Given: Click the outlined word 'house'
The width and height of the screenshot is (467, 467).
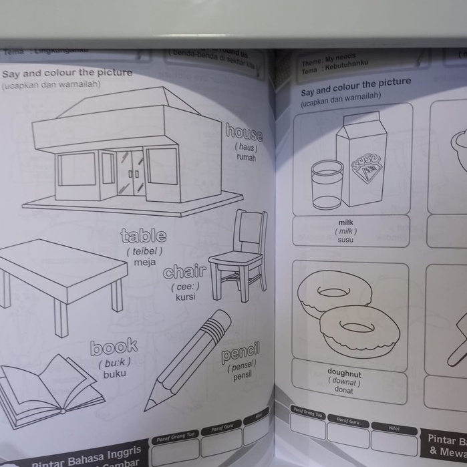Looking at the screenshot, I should [244, 131].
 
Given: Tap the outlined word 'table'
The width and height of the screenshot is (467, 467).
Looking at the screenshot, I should [144, 236].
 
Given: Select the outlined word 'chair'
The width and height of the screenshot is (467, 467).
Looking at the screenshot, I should [184, 271].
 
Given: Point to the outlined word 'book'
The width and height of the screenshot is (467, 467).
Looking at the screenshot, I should [114, 347].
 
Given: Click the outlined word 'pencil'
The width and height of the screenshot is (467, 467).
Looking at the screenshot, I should [241, 353].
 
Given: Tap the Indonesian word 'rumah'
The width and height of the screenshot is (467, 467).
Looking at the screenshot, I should [246, 158].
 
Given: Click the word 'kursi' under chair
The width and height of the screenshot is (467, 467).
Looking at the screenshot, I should [185, 297].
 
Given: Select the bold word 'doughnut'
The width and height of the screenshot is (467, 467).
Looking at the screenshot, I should [344, 371].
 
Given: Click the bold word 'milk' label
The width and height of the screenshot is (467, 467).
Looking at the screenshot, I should [346, 222].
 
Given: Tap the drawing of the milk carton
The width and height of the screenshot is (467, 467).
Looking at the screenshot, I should [361, 160].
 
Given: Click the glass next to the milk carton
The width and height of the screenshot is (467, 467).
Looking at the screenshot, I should [327, 184].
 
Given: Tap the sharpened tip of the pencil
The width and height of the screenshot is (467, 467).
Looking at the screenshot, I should [148, 405].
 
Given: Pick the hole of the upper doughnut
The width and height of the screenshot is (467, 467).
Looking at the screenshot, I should [333, 291].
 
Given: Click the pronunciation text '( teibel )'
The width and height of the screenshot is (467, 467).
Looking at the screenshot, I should [144, 251].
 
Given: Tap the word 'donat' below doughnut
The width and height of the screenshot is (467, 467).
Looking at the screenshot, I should [344, 390].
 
